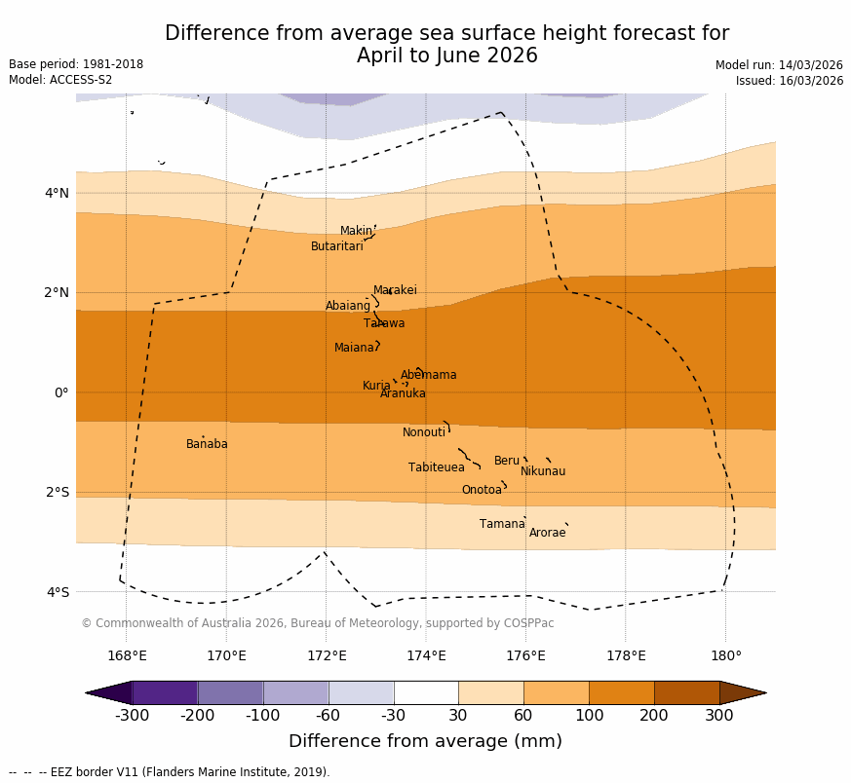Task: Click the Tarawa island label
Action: [384, 323]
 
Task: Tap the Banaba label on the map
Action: [207, 444]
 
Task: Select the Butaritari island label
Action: [336, 246]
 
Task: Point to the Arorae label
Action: [547, 533]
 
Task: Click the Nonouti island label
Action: [424, 432]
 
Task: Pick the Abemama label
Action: [428, 375]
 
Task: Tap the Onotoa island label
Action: [482, 490]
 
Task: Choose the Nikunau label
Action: [542, 471]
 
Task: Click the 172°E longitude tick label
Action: [326, 655]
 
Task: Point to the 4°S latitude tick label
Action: [58, 592]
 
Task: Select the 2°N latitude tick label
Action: [58, 292]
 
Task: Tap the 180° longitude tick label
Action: [725, 655]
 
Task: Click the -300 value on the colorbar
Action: [132, 716]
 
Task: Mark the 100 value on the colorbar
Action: [589, 716]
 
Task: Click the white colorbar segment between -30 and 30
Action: [426, 692]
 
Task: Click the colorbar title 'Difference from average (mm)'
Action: [425, 741]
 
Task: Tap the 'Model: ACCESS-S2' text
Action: [60, 80]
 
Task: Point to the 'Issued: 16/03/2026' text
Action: [789, 81]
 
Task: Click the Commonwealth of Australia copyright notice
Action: [317, 623]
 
